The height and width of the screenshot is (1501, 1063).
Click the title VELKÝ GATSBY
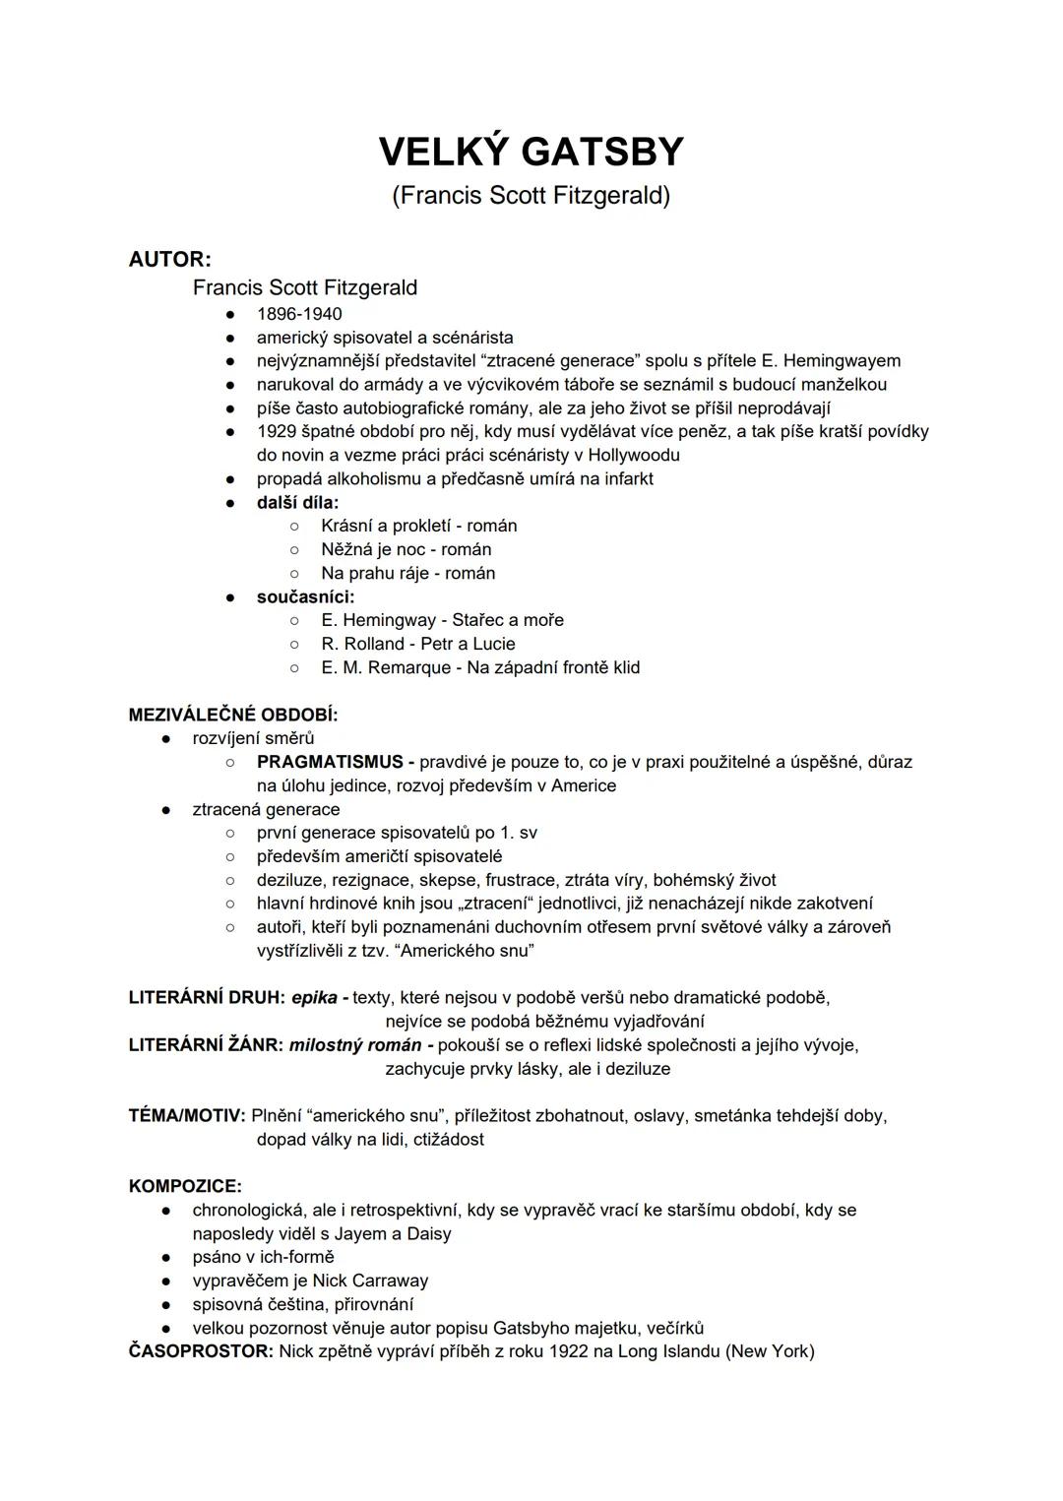531,152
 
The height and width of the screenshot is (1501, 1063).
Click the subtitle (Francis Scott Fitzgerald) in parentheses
531,196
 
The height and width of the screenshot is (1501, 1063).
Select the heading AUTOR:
169,260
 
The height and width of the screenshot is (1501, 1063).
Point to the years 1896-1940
299,314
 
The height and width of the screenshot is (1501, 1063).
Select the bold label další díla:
297,502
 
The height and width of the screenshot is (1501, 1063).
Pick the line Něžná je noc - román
406,549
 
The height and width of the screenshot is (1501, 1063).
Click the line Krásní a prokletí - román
418,526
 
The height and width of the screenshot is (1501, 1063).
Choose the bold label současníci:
305,596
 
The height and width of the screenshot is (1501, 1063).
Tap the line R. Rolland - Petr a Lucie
417,644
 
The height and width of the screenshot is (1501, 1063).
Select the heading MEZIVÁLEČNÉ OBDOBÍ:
233,715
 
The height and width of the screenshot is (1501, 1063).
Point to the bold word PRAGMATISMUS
330,762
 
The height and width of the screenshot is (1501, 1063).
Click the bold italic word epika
314,998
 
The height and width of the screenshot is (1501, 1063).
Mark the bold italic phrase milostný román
354,1045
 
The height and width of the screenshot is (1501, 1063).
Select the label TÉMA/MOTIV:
187,1116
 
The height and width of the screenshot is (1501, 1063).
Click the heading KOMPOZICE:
185,1187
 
